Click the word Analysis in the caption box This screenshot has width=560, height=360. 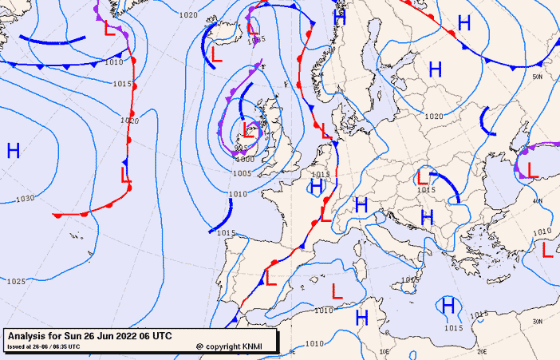(30, 334)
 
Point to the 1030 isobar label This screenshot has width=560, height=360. (25, 198)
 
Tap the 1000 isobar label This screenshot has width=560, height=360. (245, 159)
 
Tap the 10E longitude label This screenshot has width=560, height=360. (385, 350)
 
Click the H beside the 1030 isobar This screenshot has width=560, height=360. (14, 150)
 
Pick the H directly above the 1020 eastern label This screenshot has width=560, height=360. (435, 69)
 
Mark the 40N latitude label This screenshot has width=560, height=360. (538, 201)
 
